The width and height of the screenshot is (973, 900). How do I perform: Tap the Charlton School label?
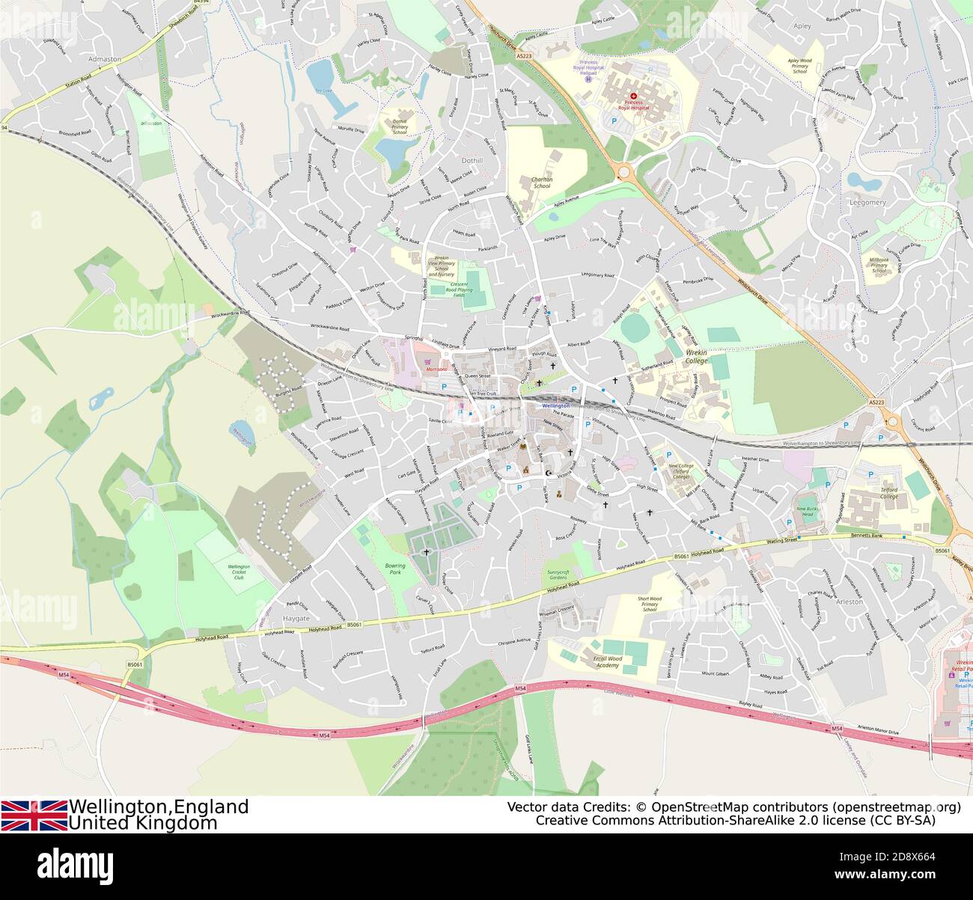click(541, 183)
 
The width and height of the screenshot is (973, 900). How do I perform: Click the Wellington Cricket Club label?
click(239, 572)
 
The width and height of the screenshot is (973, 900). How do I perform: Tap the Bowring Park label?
click(394, 569)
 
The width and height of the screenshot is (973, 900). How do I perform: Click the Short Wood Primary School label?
click(650, 604)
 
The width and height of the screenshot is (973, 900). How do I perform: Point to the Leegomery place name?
click(867, 202)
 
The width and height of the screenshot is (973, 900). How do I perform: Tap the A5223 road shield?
click(524, 55)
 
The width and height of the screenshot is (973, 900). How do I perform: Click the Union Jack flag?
click(34, 815)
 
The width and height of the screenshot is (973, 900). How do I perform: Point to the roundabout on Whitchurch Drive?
click(625, 172)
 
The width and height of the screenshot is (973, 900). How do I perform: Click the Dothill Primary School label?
click(400, 127)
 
